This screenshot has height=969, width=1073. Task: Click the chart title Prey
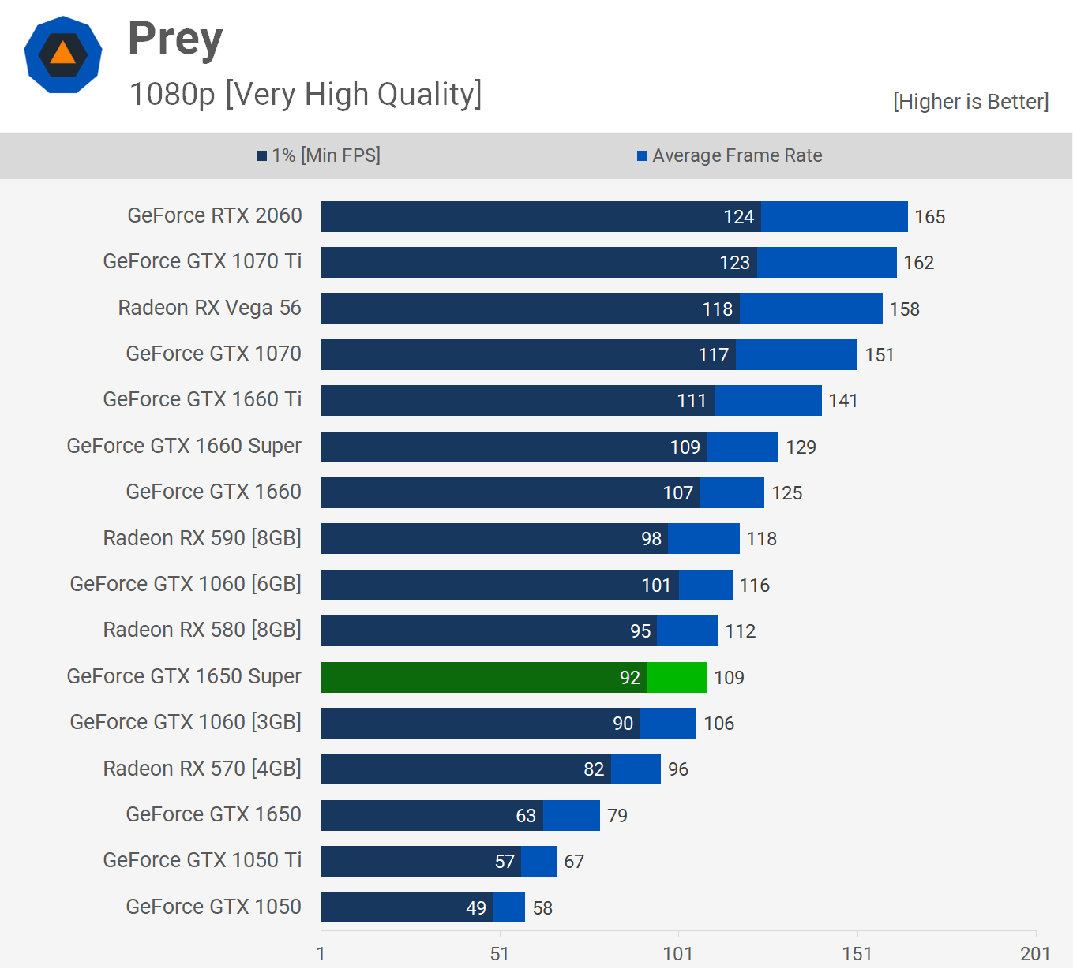coord(175,39)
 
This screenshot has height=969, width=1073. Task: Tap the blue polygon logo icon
coord(63,54)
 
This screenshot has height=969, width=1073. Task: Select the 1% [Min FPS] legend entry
coord(319,155)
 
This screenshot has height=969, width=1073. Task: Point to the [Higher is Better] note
coord(970,102)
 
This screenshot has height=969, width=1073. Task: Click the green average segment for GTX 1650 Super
coord(677,677)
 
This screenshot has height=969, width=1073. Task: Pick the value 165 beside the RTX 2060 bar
coord(929,217)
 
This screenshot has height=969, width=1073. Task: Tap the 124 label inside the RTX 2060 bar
coord(739,217)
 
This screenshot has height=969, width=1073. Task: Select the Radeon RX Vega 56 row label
coord(209,308)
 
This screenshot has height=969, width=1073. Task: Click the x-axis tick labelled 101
coord(677,954)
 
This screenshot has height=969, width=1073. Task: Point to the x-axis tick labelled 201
coord(1035,954)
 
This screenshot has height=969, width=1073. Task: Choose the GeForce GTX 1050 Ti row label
coord(202,860)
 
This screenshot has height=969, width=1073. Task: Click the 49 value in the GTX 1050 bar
coord(476,908)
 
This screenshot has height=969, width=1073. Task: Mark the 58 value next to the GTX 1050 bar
coord(542,908)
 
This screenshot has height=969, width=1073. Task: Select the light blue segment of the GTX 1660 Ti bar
coord(767,401)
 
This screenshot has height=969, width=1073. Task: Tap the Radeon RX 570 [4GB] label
coord(202,769)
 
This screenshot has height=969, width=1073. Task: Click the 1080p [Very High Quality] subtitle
coord(306,94)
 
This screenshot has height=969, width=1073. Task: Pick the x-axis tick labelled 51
coord(499,954)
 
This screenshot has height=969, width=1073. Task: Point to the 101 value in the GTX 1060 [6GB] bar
coord(656,586)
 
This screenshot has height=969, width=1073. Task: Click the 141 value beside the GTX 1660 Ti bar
coord(842,401)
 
